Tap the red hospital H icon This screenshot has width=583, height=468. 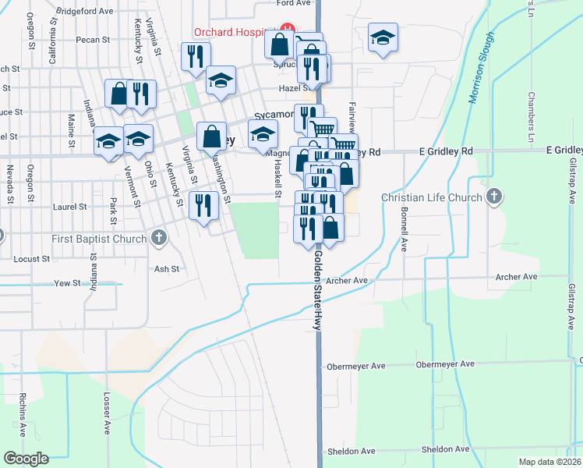pyautogui.click(x=286, y=30)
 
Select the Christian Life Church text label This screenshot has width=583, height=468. pyautogui.click(x=433, y=197)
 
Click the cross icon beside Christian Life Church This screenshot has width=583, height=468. pyautogui.click(x=493, y=197)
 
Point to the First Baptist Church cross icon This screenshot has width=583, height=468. pyautogui.click(x=158, y=236)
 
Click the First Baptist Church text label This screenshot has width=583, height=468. pyautogui.click(x=98, y=237)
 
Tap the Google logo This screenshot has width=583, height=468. pyautogui.click(x=25, y=458)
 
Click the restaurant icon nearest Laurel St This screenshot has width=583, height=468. pyautogui.click(x=203, y=205)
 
